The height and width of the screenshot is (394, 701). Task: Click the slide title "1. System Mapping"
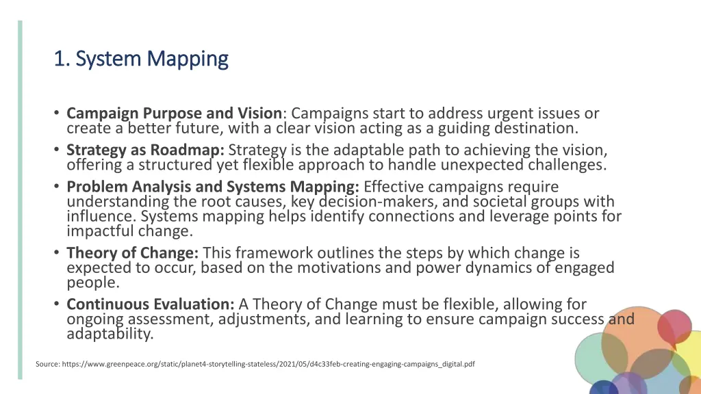(141, 60)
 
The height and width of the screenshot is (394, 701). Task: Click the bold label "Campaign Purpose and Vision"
(174, 113)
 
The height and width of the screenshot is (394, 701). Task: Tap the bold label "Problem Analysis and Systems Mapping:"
(213, 187)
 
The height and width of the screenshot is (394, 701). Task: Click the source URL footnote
(255, 365)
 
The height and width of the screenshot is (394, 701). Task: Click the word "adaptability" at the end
(109, 334)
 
